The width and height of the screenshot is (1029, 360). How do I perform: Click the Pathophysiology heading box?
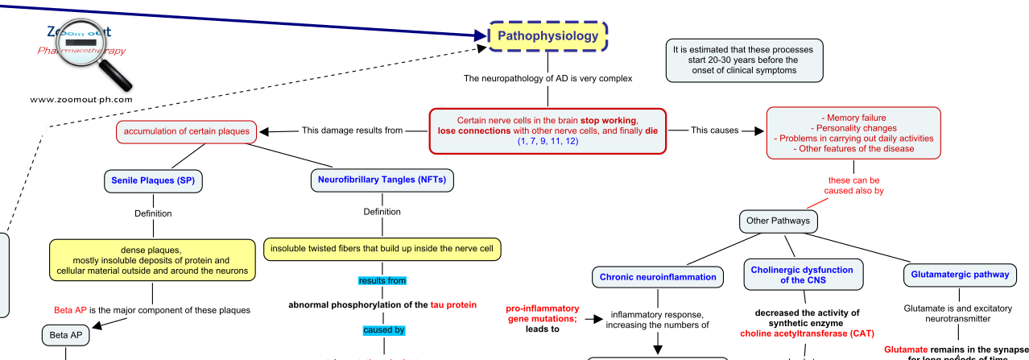tap(548, 36)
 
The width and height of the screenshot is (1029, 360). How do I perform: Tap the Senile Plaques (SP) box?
tap(152, 180)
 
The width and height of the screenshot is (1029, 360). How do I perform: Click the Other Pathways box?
tap(780, 221)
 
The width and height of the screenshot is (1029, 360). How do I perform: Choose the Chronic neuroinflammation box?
tap(657, 277)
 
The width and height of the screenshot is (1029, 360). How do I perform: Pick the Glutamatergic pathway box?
tap(959, 275)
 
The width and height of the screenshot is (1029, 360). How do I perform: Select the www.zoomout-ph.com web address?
tap(81, 101)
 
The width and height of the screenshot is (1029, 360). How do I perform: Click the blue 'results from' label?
tap(382, 280)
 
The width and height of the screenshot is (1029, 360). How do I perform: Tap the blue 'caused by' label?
tap(382, 330)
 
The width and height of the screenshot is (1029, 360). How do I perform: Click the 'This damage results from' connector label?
tap(352, 130)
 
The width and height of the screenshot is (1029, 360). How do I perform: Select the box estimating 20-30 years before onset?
tap(744, 60)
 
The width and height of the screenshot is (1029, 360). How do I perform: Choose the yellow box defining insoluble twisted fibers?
tap(382, 248)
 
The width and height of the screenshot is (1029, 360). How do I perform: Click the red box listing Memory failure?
tap(853, 133)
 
